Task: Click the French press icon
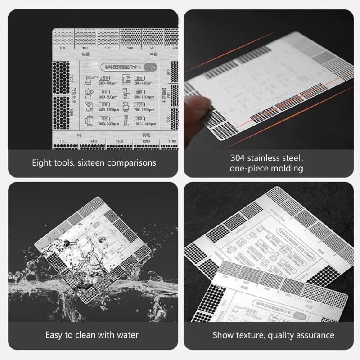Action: point(88,120)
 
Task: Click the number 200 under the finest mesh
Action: point(62,48)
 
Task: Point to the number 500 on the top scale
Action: point(130,48)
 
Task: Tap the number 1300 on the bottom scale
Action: point(119,141)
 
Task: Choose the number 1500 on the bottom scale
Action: point(63,141)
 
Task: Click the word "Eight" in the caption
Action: point(42,162)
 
